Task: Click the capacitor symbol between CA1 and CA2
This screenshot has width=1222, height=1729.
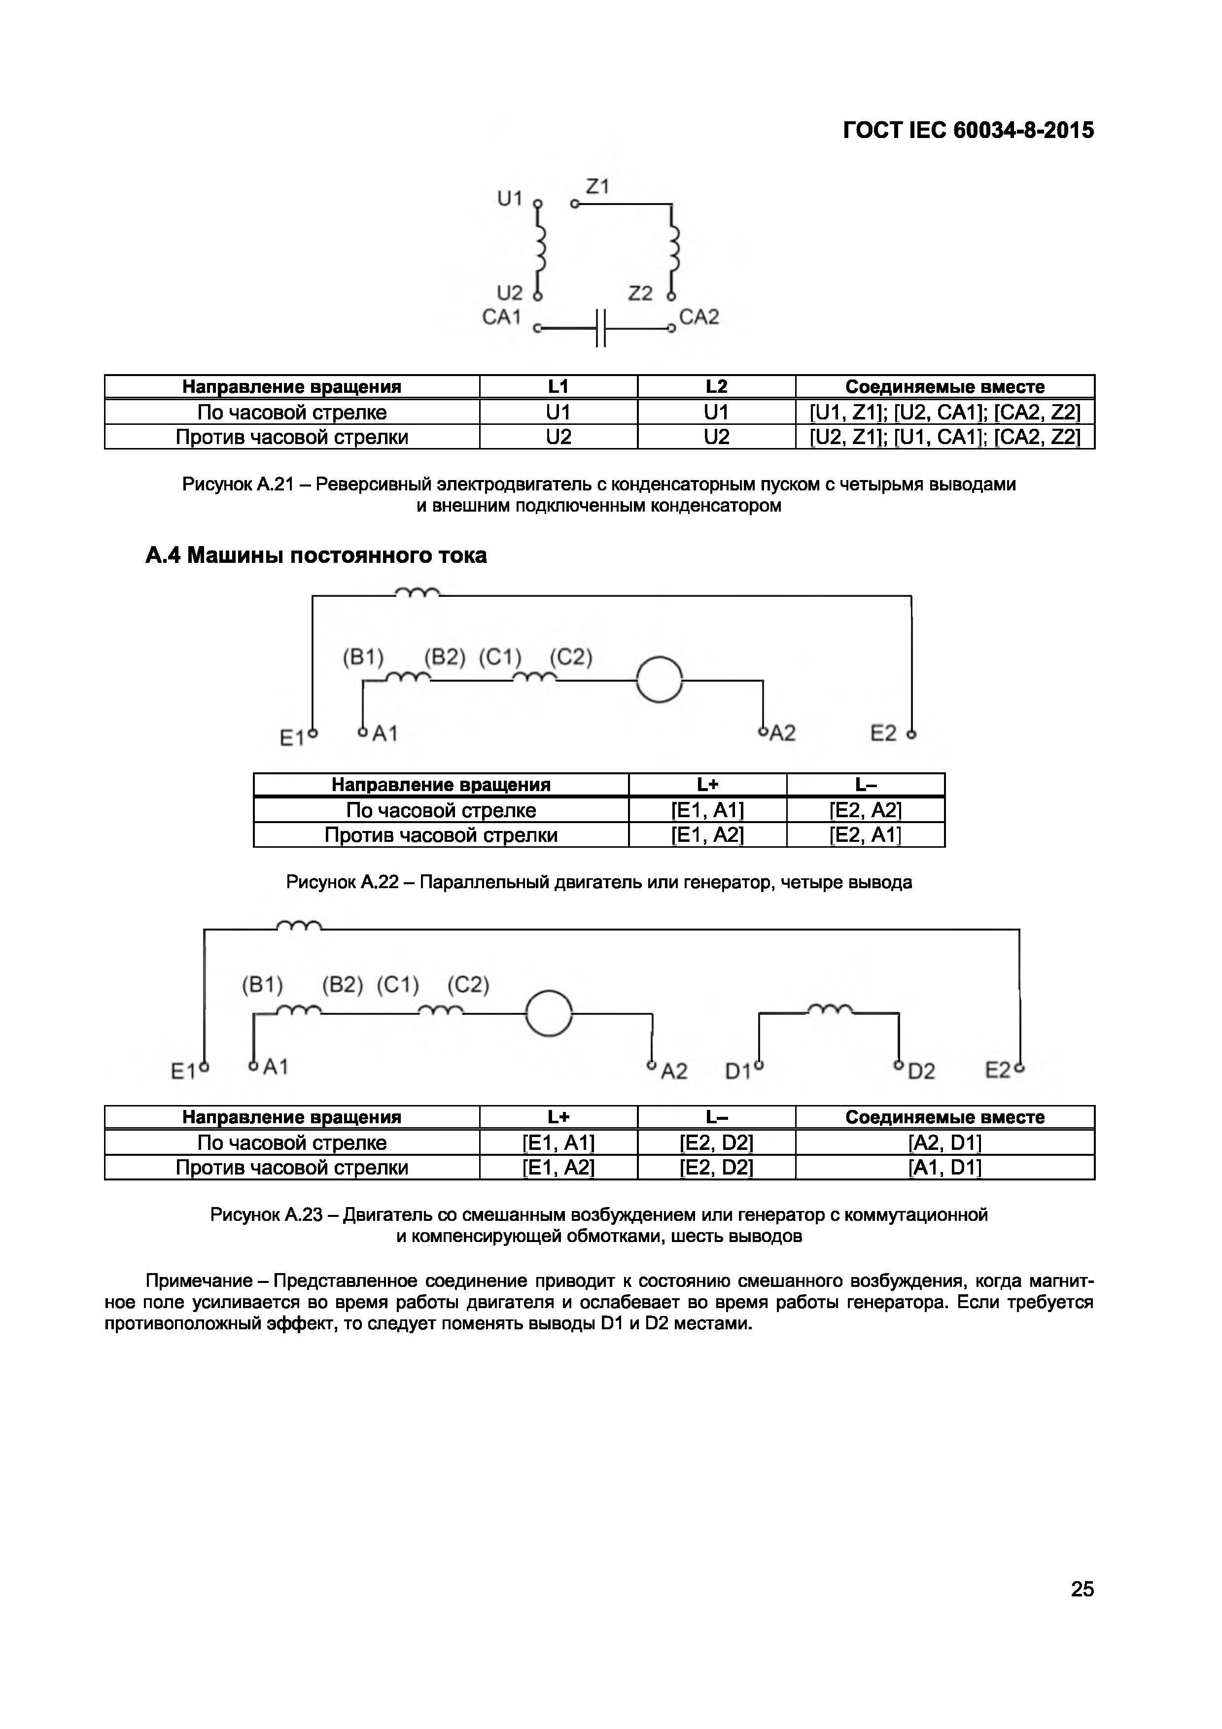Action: point(600,328)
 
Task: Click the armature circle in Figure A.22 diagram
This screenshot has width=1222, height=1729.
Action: point(659,680)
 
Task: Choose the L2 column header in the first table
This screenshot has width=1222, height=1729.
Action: point(716,386)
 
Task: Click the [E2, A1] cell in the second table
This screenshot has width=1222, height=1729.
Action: point(865,834)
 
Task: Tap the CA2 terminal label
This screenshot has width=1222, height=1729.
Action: point(698,317)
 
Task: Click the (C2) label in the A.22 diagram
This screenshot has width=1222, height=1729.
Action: point(571,657)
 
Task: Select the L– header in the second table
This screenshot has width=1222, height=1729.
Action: point(865,785)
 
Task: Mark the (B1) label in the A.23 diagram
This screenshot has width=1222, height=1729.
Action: point(262,984)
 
